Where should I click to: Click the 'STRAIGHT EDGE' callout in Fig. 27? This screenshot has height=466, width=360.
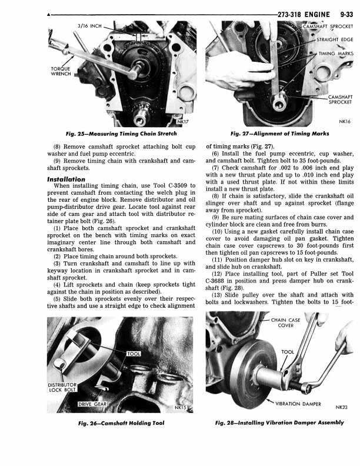335,39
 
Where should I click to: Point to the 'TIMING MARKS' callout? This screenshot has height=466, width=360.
335,54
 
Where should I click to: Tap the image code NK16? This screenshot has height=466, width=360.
344,122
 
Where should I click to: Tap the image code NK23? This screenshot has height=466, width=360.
342,407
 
